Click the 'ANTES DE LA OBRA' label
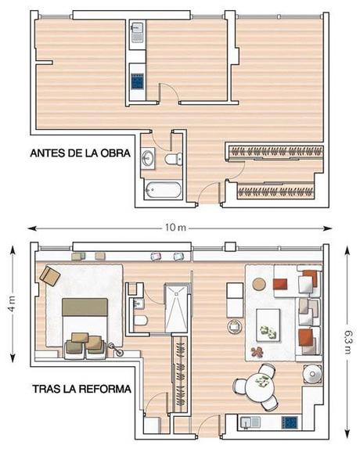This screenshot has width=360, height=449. [x=80, y=153]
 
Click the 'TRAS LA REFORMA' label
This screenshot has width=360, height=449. [x=81, y=389]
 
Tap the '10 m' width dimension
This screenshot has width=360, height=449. [x=175, y=228]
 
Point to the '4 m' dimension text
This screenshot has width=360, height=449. [x=13, y=304]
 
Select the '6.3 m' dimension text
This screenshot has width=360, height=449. [x=347, y=342]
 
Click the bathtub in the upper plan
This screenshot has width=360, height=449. [x=163, y=190]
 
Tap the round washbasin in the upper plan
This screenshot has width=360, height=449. [x=148, y=158]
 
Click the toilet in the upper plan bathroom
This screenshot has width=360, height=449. [x=173, y=159]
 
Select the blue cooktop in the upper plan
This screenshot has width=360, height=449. [x=138, y=81]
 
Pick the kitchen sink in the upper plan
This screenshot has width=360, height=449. [x=138, y=32]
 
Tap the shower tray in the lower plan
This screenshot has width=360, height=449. [x=176, y=308]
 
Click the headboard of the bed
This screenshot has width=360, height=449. [x=85, y=307]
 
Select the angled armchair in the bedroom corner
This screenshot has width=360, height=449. [x=50, y=275]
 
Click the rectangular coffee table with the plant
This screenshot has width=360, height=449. [x=268, y=325]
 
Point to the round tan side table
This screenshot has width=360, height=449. [x=259, y=284]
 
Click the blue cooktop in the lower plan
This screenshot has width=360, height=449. [x=290, y=422]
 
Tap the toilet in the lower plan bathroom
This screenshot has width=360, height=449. [x=140, y=321]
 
